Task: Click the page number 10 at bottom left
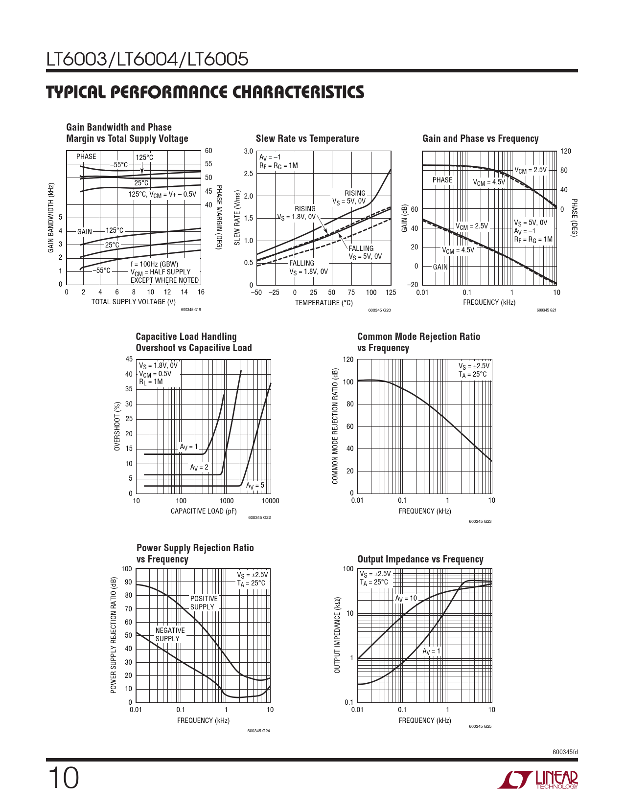point(63,778)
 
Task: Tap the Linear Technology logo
point(537,780)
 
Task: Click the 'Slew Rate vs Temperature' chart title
point(307,138)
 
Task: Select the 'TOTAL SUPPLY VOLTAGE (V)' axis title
point(133,302)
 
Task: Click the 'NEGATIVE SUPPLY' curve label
point(170,634)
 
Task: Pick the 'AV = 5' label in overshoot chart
point(255,486)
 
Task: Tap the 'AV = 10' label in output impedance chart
point(406,598)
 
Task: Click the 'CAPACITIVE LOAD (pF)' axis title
point(204,511)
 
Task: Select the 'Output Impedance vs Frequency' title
point(420,559)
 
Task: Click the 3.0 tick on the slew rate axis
point(248,152)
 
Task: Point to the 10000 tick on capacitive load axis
point(270,501)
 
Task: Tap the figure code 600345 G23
point(480,521)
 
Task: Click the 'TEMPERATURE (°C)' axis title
point(324,303)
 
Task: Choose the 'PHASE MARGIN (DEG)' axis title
point(219,217)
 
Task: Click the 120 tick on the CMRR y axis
point(348,360)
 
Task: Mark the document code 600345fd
point(565,752)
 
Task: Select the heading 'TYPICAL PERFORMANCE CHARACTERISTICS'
point(205,92)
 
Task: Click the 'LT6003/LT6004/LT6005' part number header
point(147,59)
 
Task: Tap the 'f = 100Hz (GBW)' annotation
point(154,264)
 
